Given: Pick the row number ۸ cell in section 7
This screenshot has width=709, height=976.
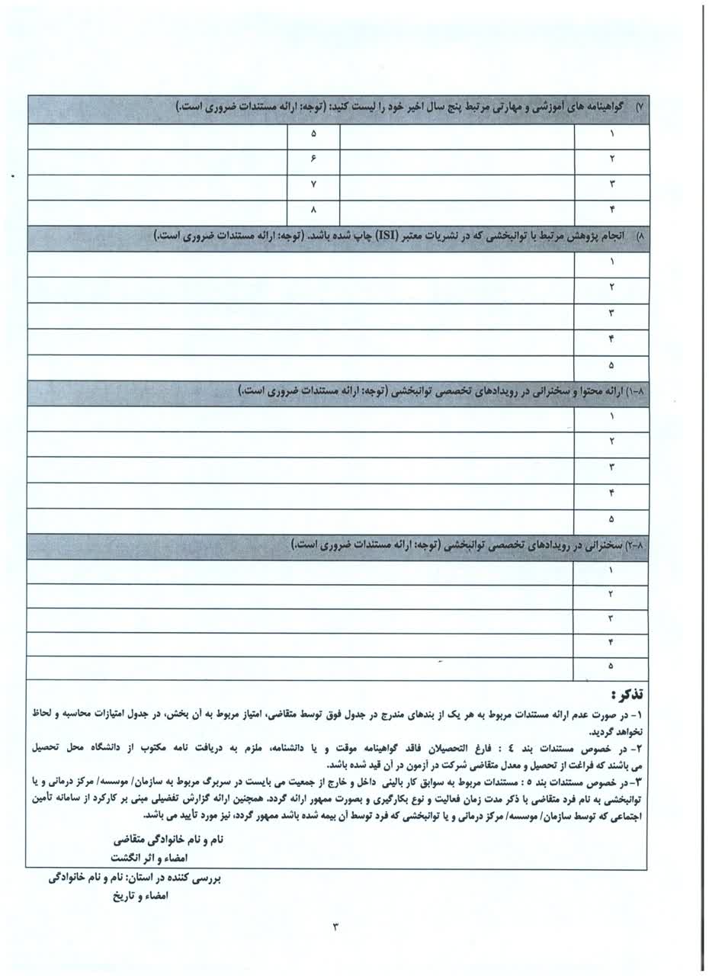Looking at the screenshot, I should tap(313, 210).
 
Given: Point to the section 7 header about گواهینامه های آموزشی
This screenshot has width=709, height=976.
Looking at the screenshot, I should tap(412, 108).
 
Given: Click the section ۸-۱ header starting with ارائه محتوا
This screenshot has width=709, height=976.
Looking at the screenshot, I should tap(442, 392).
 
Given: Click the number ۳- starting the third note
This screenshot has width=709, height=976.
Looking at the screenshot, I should tap(641, 784).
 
